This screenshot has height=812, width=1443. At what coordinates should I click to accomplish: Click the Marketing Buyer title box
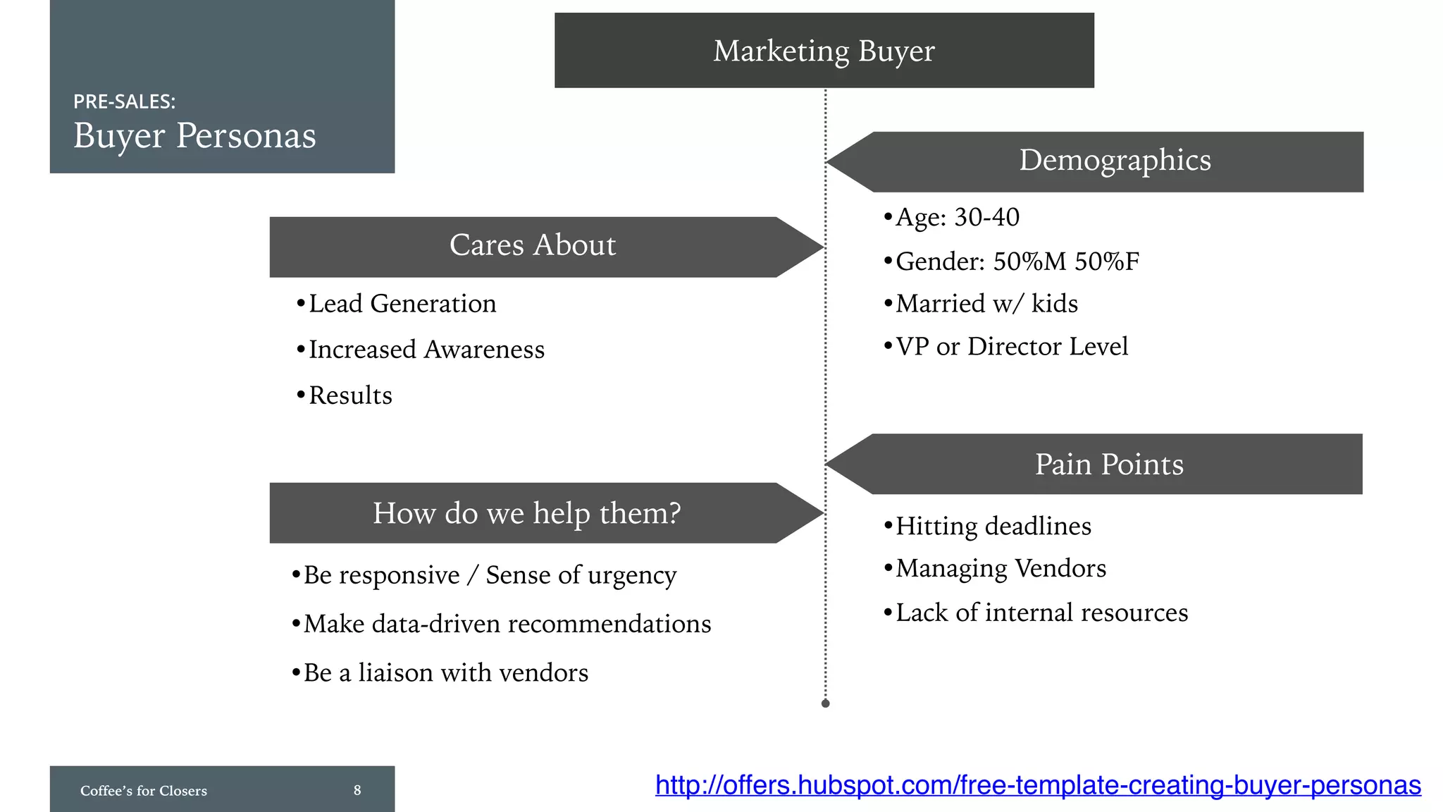[824, 51]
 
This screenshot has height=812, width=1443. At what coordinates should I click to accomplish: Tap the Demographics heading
[1115, 161]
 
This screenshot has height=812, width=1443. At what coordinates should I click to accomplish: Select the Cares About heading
[533, 246]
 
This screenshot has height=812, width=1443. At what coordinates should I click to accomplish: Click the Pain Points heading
[1109, 465]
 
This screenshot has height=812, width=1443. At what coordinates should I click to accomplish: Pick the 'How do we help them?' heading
[526, 513]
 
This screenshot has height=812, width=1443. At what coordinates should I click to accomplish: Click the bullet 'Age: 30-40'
[956, 217]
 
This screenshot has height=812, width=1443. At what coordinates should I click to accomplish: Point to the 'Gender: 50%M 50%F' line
[1016, 262]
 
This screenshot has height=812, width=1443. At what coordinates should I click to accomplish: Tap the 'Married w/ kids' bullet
[986, 304]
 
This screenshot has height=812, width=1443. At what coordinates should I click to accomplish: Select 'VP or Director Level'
[1011, 347]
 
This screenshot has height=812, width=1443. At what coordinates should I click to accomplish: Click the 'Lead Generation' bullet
[402, 304]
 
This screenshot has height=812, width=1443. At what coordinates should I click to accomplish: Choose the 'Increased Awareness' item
[426, 350]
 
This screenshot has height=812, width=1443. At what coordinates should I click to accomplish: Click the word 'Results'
[350, 395]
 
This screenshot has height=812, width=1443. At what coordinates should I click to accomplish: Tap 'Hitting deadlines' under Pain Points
[993, 527]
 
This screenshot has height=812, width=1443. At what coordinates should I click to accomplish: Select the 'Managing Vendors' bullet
[1000, 568]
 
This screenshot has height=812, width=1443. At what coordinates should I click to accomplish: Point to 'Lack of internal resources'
[1041, 613]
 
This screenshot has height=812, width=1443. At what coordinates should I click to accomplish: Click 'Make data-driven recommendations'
[507, 624]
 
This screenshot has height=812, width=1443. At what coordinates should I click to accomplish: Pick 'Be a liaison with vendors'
[445, 672]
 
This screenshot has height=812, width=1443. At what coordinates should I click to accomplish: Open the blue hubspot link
[1038, 785]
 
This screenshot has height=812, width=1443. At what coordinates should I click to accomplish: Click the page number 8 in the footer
[357, 790]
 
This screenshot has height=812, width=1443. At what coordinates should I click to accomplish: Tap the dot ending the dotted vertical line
[826, 703]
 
